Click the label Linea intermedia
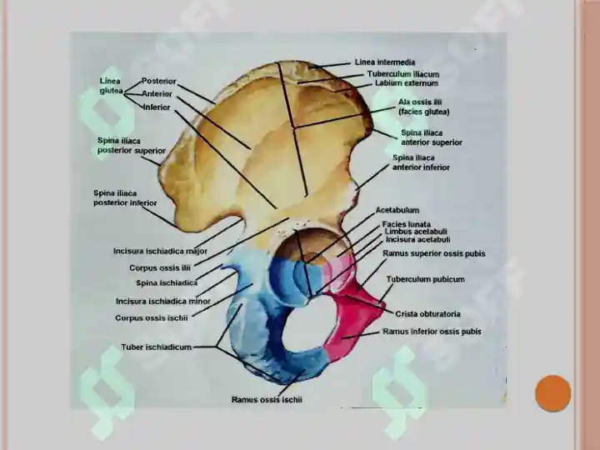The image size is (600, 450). [385, 62]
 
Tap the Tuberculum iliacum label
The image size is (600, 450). [403, 74]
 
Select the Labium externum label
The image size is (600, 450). [407, 83]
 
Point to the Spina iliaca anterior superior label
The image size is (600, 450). [432, 137]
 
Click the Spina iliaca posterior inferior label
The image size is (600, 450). [125, 198]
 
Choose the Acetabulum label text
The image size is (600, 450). [397, 210]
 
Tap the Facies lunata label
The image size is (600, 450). [407, 224]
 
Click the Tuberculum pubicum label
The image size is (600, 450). [426, 279]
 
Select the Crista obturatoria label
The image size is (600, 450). [427, 314]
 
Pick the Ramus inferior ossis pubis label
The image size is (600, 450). [432, 332]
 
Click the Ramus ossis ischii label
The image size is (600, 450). [267, 400]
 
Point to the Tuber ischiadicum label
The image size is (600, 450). [156, 347]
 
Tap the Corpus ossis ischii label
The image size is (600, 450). [152, 318]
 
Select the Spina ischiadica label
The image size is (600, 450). [167, 283]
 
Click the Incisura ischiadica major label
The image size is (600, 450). [160, 252]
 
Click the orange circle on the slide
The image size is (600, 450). [553, 393]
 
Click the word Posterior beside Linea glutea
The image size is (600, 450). [159, 81]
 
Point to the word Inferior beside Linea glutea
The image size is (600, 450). [157, 107]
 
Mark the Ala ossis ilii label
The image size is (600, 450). [423, 107]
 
